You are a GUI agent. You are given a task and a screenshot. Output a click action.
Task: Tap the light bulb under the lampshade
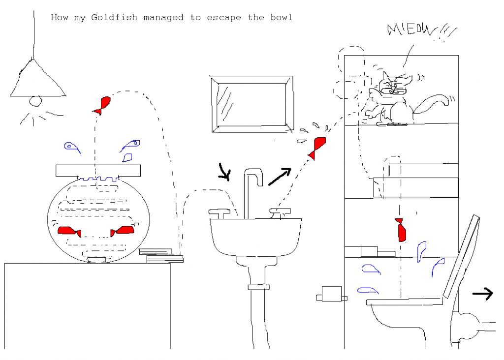pos(35,101)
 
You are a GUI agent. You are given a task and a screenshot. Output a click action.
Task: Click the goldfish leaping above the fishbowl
pos(102,105)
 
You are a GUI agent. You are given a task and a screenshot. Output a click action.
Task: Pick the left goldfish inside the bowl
pos(70,231)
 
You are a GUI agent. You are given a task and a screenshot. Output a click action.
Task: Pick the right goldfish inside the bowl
pos(123,230)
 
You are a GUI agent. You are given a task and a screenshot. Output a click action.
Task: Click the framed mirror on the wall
pos(252,105)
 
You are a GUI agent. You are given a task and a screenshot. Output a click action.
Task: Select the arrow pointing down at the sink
pos(224,172)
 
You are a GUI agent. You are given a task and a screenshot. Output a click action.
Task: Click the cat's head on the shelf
pos(396,86)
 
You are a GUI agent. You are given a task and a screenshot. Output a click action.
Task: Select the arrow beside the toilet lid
pos(482,294)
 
